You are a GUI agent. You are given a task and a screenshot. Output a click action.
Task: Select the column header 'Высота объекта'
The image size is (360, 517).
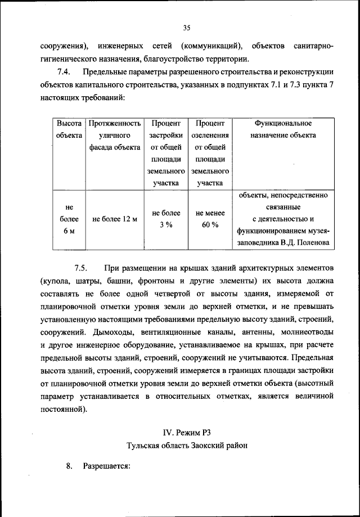point(69,129)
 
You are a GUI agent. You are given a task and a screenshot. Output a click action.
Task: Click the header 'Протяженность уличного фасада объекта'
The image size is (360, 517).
point(114,135)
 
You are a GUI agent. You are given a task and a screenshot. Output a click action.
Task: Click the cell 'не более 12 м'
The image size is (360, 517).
point(114,219)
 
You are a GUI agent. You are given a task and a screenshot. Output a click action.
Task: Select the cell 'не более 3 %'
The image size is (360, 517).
point(166,219)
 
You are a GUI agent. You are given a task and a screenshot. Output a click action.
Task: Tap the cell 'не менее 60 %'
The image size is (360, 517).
point(210,219)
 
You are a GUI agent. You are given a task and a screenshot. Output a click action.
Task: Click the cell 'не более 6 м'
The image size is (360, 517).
point(69,219)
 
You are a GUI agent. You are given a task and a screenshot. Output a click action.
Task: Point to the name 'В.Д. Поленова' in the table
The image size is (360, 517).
point(306,244)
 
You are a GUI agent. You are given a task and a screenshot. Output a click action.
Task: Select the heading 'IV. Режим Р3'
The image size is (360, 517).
point(187,432)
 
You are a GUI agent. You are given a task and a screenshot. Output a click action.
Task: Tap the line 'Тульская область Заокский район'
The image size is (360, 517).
point(187,445)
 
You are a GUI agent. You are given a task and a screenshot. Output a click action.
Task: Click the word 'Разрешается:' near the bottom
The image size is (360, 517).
point(106,467)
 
